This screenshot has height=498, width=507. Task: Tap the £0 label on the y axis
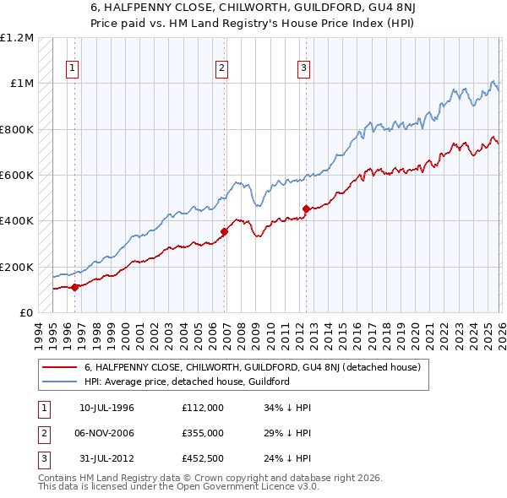(x=25, y=312)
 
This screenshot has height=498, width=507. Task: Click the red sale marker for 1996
(x=74, y=287)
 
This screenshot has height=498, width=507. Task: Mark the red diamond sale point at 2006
(x=224, y=231)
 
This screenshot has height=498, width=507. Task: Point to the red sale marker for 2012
(x=306, y=209)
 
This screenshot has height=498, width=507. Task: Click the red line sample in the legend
(x=59, y=368)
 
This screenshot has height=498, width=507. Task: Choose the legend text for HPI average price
(x=187, y=382)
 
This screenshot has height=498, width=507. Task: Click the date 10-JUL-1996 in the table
(x=106, y=408)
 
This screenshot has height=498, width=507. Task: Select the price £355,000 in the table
(x=202, y=433)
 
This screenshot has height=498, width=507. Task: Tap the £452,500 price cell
(x=202, y=458)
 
